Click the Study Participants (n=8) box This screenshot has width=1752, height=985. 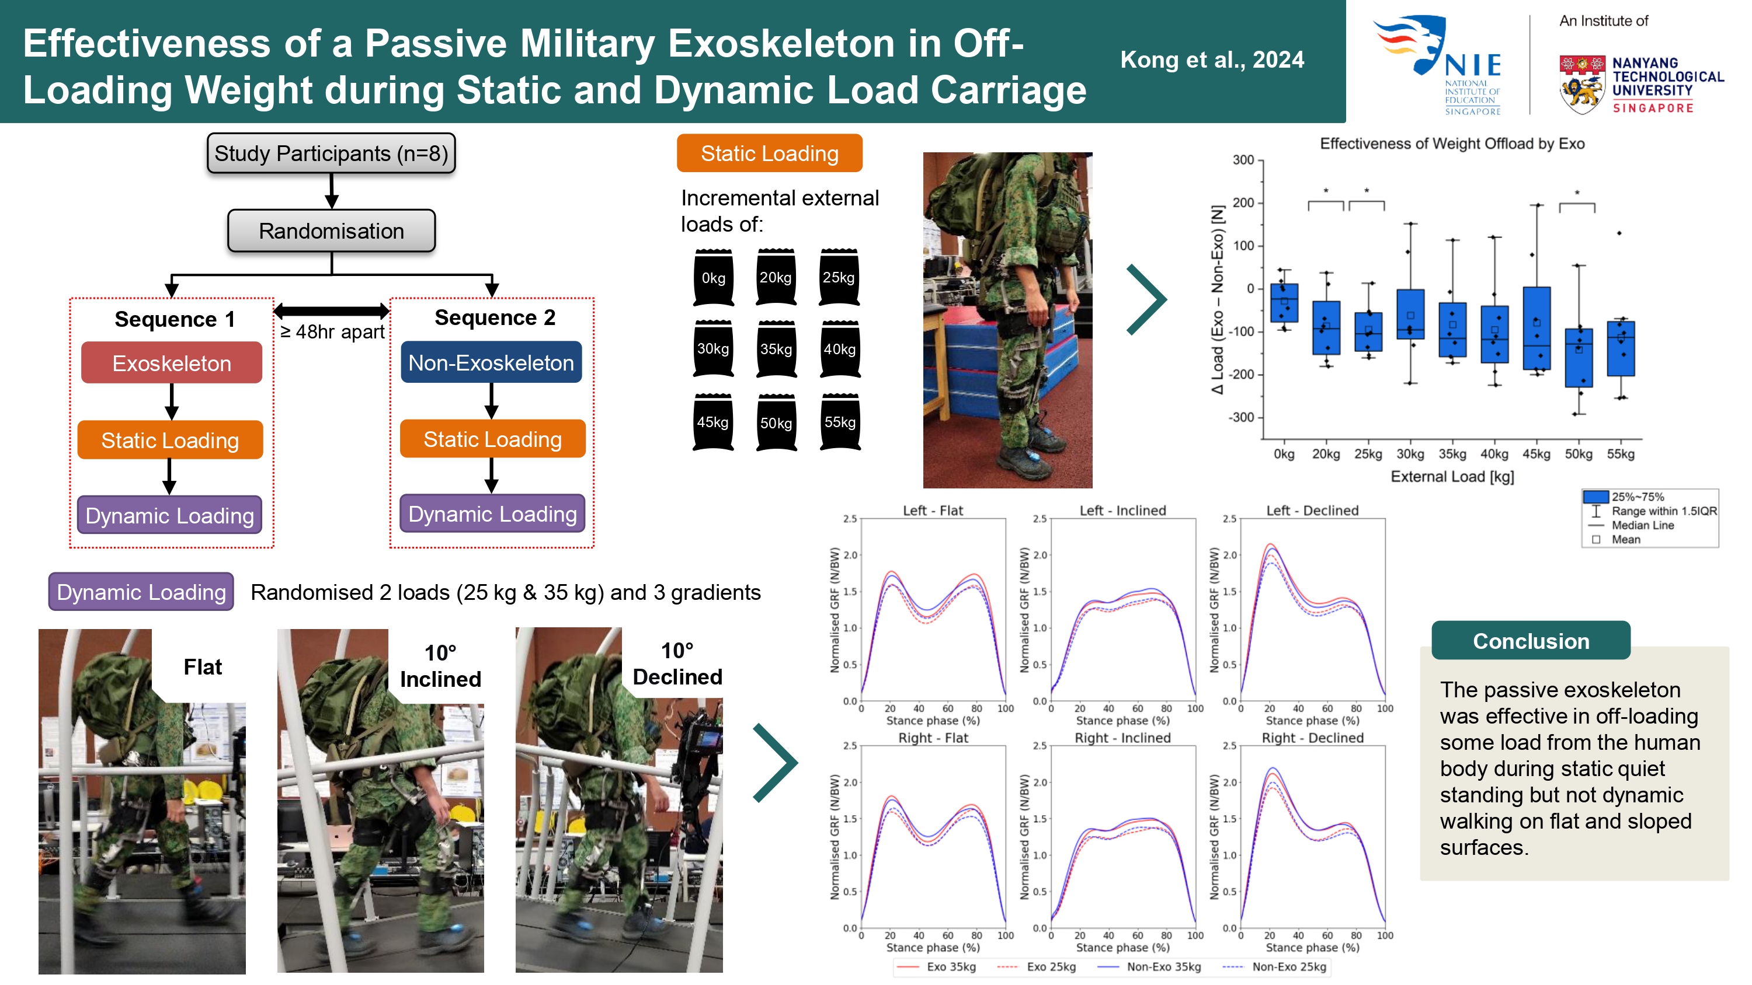point(331,153)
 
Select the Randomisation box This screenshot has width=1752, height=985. point(331,231)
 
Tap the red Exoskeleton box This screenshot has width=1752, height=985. point(171,363)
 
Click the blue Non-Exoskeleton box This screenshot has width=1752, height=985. point(491,362)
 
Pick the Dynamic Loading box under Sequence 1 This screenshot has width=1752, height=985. point(169,515)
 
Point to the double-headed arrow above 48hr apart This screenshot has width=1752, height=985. point(331,312)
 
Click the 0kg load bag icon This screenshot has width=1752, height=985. point(712,277)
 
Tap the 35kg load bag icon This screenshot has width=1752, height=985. point(776,350)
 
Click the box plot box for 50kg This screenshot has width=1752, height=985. point(1579,358)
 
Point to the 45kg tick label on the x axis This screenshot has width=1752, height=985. point(1537,454)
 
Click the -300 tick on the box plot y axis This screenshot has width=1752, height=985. point(1242,417)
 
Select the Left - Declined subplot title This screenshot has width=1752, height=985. point(1312,511)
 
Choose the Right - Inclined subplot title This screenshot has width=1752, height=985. point(1122,738)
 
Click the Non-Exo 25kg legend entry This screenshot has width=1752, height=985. point(1274,967)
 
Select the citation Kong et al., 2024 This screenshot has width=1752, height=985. point(1212,60)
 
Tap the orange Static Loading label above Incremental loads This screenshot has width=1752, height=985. point(769,153)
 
